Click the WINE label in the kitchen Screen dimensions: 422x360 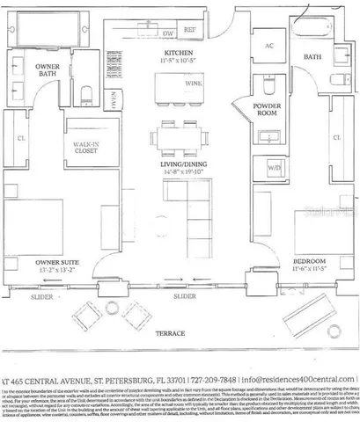(x=193, y=88)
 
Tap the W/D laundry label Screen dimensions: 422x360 (x=274, y=167)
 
